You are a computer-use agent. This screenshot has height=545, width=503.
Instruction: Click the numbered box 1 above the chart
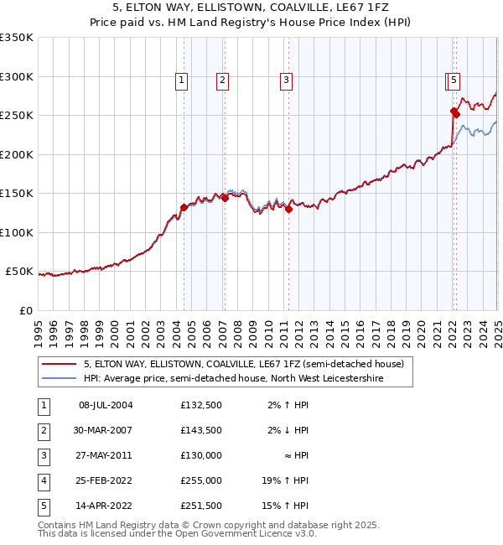(x=182, y=80)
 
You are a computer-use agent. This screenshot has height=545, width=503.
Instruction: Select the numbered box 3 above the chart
(x=286, y=80)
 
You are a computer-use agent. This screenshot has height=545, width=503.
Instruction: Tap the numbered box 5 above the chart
(x=453, y=80)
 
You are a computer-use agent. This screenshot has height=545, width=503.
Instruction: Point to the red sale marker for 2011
(x=288, y=210)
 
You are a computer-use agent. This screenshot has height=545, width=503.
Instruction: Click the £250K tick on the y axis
(x=17, y=116)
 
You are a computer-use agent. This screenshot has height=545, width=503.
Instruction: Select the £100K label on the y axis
(x=17, y=232)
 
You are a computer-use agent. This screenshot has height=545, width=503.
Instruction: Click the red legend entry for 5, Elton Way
(x=243, y=364)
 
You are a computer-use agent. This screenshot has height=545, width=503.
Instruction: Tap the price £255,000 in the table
(x=200, y=480)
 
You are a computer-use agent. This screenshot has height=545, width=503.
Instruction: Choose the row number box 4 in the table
(x=43, y=480)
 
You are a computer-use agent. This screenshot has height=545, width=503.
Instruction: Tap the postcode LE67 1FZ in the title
(x=360, y=8)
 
